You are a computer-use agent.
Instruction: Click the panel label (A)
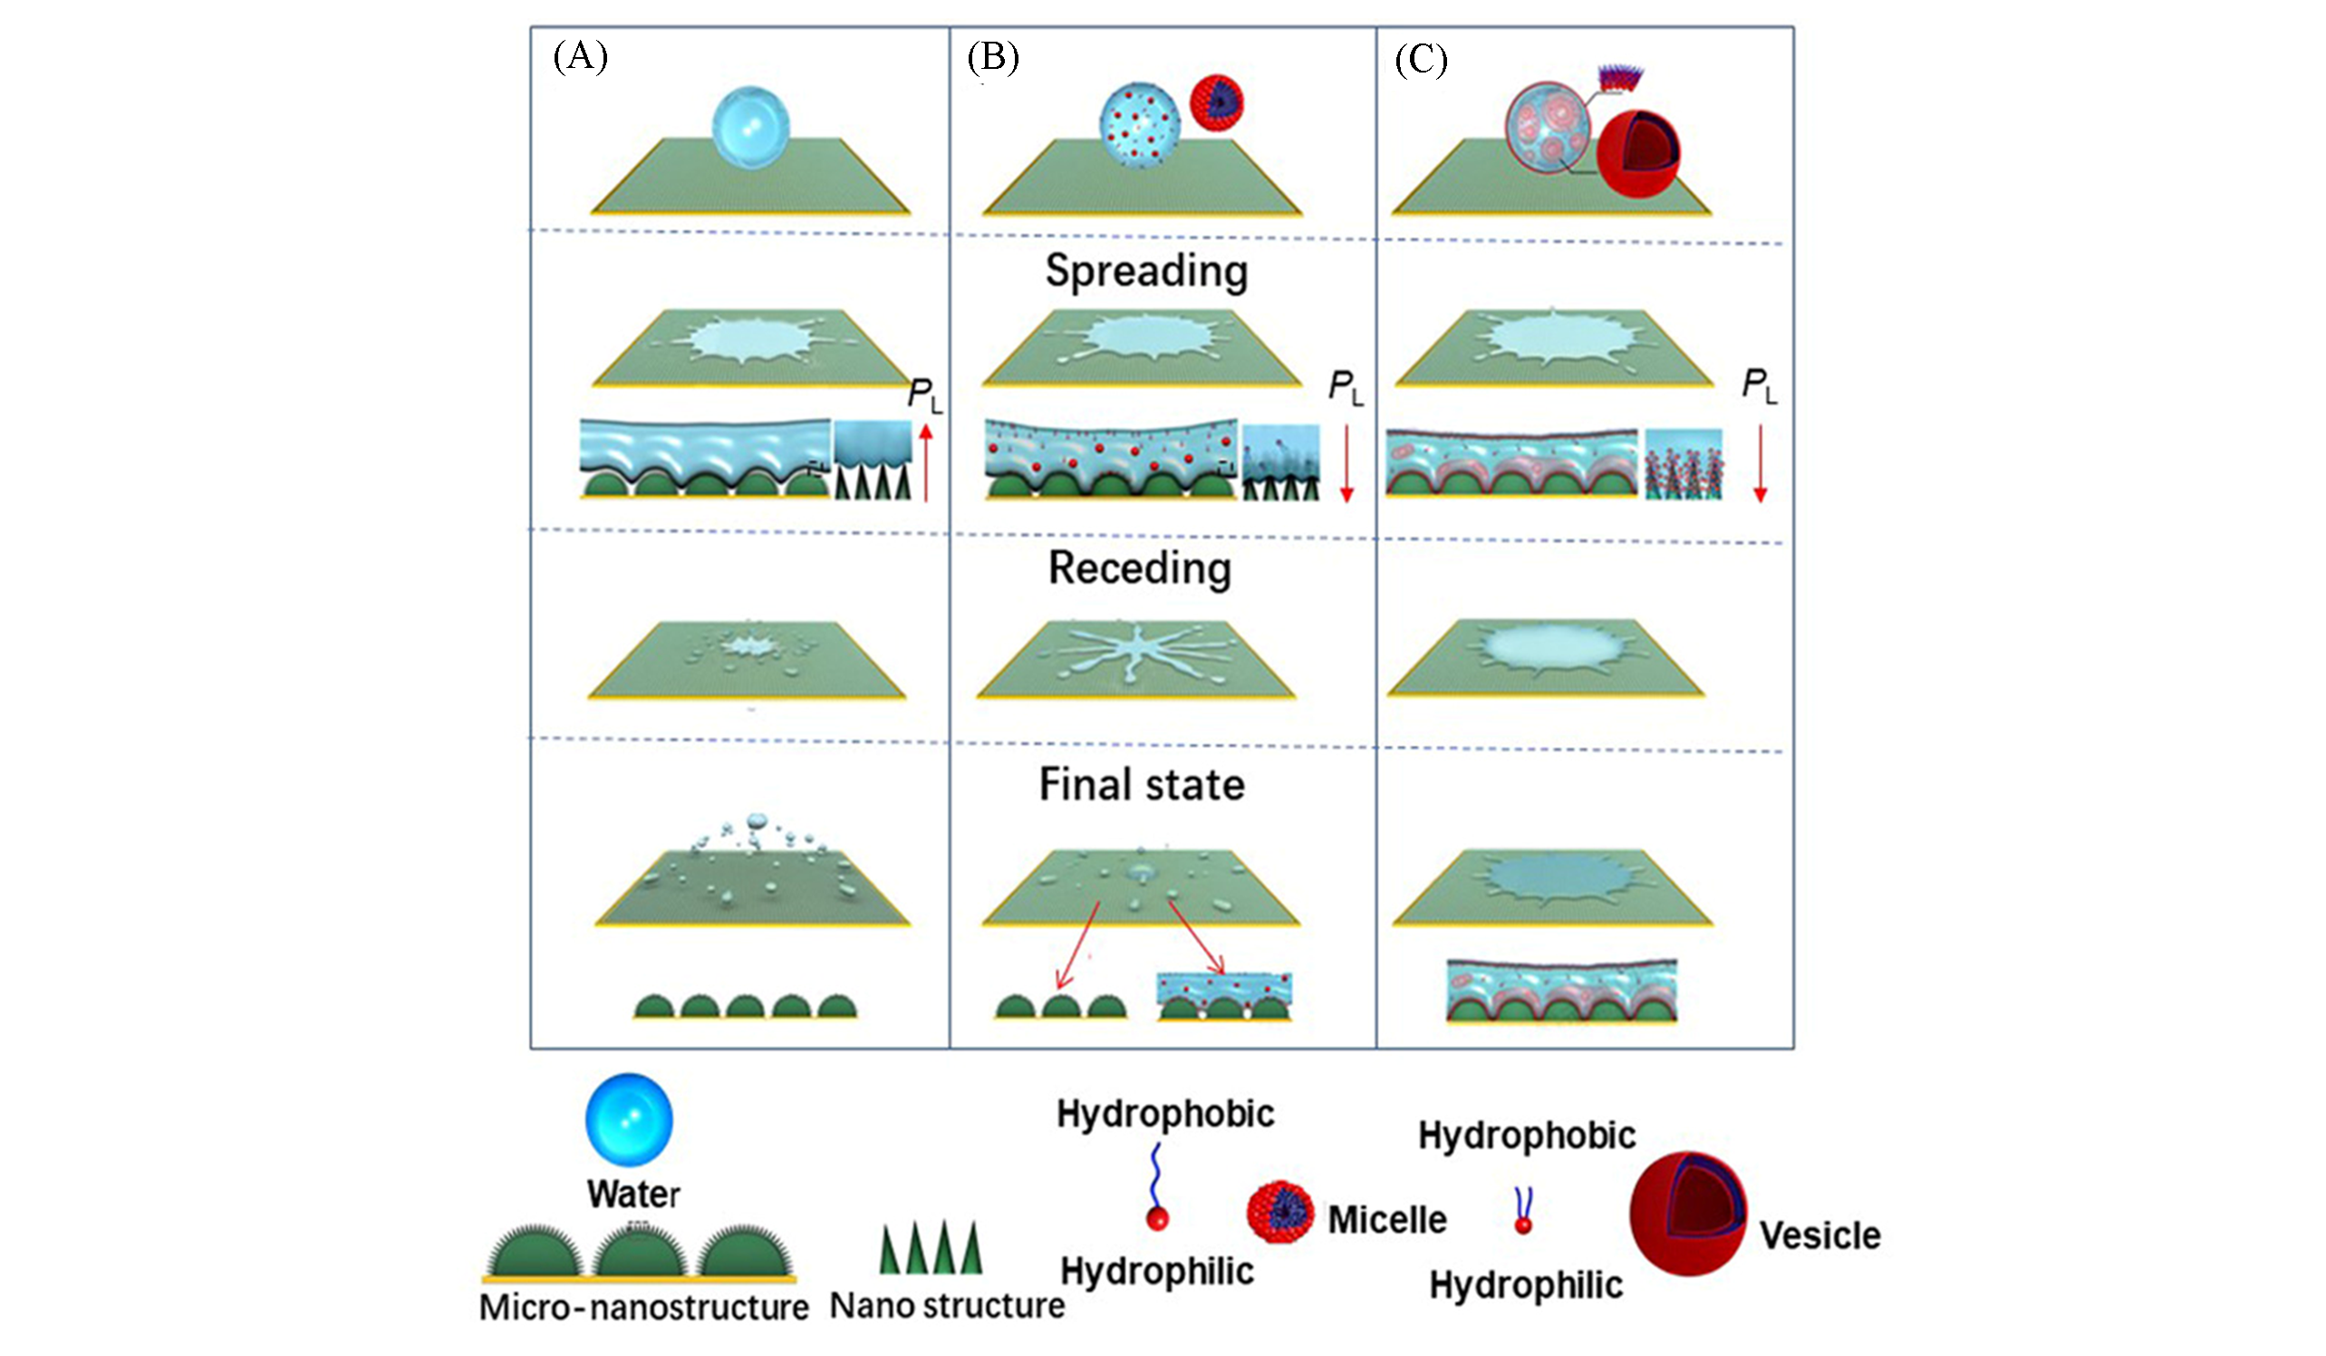[x=580, y=57]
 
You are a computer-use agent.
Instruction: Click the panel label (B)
[x=992, y=57]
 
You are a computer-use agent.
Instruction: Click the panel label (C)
[x=1421, y=60]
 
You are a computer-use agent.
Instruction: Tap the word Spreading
[x=1146, y=272]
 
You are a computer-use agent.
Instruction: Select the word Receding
[x=1140, y=568]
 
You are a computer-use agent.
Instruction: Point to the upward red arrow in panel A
[x=926, y=461]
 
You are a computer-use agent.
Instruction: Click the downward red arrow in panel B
[x=1346, y=462]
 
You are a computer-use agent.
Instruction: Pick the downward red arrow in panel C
[x=1761, y=462]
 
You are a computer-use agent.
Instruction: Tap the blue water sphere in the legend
[x=630, y=1119]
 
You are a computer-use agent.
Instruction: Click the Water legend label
[x=633, y=1195]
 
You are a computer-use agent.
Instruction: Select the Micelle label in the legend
[x=1387, y=1220]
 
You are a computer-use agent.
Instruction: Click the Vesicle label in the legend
[x=1819, y=1236]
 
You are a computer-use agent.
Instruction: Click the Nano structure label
[x=947, y=1306]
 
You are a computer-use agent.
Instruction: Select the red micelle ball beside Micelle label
[x=1280, y=1212]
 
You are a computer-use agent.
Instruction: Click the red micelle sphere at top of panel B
[x=1217, y=102]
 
